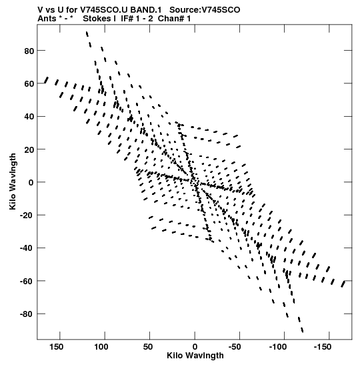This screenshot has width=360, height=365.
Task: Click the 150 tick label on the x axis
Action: [56, 347]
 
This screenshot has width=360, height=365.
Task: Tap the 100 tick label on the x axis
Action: [101, 347]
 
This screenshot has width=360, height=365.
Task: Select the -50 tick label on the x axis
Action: [235, 347]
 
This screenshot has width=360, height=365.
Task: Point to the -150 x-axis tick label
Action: [322, 347]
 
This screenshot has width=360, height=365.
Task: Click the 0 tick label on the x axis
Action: [195, 347]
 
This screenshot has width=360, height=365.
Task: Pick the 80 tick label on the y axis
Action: [29, 51]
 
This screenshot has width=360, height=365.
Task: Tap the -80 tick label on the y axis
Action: [27, 314]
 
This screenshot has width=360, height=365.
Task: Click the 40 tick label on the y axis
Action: [29, 117]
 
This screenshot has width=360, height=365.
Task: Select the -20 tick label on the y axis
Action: [27, 216]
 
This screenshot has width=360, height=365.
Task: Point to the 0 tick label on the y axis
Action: [31, 183]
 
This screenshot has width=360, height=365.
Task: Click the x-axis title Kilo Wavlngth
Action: [195, 356]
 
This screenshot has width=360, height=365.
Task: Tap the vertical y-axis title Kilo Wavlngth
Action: [13, 181]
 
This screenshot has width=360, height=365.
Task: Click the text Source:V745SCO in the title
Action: [205, 10]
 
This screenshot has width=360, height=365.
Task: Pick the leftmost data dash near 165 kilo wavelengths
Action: [46, 80]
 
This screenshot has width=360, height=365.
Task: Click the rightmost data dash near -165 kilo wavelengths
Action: [343, 284]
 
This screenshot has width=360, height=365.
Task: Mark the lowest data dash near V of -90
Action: [302, 330]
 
